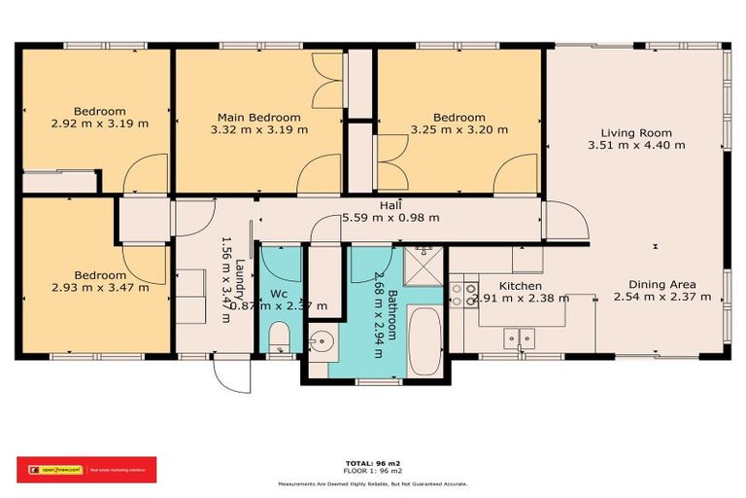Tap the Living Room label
[636, 132]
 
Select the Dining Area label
[653, 284]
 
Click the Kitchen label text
[520, 286]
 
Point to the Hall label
[391, 205]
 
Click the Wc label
[279, 293]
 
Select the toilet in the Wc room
[280, 341]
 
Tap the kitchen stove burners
[459, 294]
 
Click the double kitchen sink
[518, 338]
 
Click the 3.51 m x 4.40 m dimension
[636, 145]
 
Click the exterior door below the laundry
[230, 373]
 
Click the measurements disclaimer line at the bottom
[373, 483]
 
